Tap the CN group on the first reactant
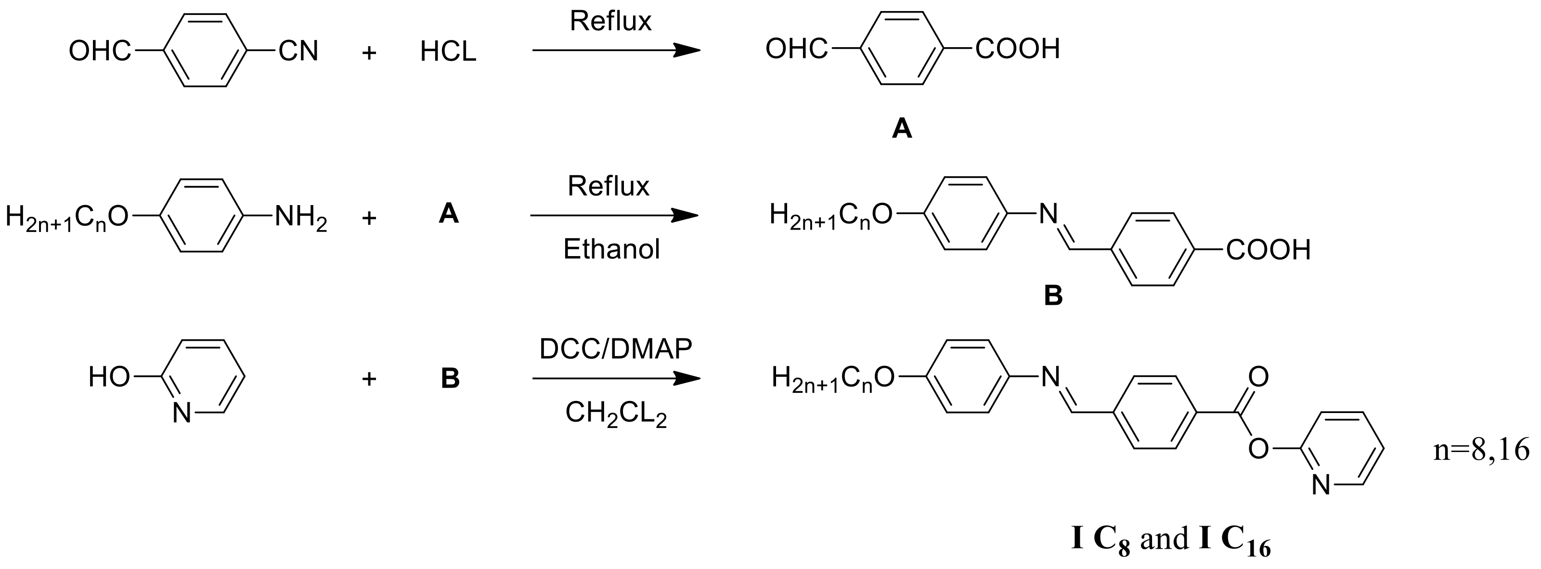click(298, 51)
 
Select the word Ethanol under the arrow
click(611, 249)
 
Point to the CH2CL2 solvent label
click(616, 414)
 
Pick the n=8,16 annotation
click(1480, 449)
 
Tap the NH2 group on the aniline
click(300, 218)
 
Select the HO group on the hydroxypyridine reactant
click(109, 377)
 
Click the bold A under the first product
click(902, 128)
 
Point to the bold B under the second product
click(1053, 296)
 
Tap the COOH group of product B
click(1268, 250)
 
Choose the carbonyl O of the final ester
click(1258, 377)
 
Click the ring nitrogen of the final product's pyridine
click(1321, 485)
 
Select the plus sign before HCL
click(369, 52)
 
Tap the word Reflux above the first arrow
click(610, 22)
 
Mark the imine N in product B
click(1048, 214)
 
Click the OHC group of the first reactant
click(99, 51)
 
